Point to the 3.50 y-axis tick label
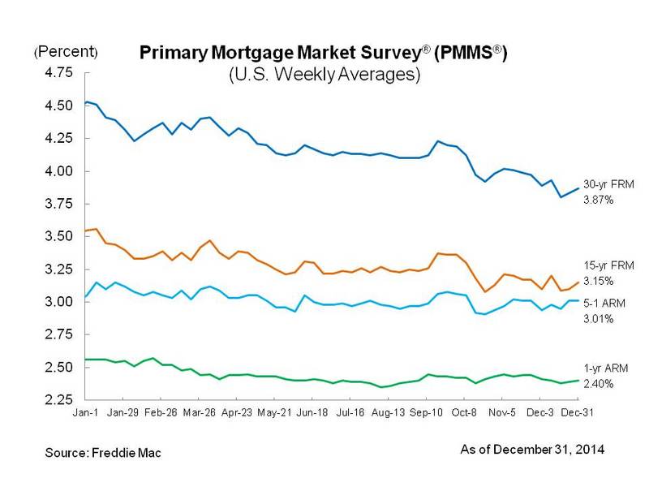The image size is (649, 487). [x=58, y=236]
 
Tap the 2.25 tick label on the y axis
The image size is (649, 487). [x=58, y=399]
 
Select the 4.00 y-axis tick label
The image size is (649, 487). [x=58, y=171]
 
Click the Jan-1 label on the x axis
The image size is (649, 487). [x=85, y=412]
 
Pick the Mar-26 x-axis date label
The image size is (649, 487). [x=199, y=412]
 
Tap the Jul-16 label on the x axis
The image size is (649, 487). [x=350, y=412]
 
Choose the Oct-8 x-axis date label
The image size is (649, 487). [x=464, y=412]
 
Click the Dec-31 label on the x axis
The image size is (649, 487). [x=577, y=412]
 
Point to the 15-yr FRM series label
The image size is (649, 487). [x=604, y=266]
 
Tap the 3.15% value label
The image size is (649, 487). [x=600, y=281]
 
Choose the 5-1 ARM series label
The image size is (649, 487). [x=604, y=304]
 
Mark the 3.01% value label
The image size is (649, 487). [x=600, y=319]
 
